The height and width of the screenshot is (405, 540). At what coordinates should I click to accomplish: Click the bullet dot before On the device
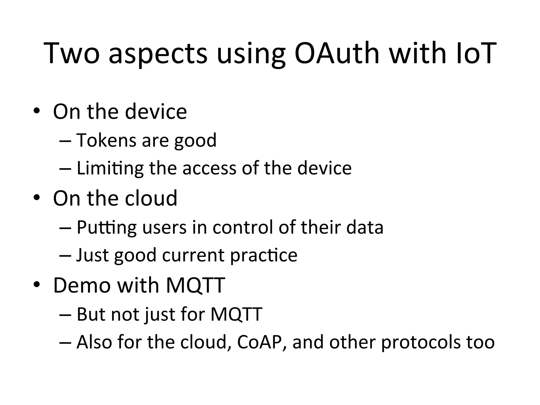pos(37,111)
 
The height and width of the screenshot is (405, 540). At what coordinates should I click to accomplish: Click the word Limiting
pos(110,168)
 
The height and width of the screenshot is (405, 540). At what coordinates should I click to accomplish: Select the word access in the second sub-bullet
pos(209,168)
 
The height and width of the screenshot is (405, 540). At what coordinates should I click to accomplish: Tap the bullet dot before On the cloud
pos(37,197)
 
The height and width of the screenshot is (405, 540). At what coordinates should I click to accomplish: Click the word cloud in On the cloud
pos(151,198)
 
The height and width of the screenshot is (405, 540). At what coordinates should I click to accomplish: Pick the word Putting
pos(107,228)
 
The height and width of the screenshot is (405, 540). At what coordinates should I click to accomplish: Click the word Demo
pos(82,285)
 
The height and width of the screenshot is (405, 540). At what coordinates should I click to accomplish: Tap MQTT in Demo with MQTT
pos(195,286)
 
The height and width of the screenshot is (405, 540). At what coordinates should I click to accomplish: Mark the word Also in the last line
pos(94,342)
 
